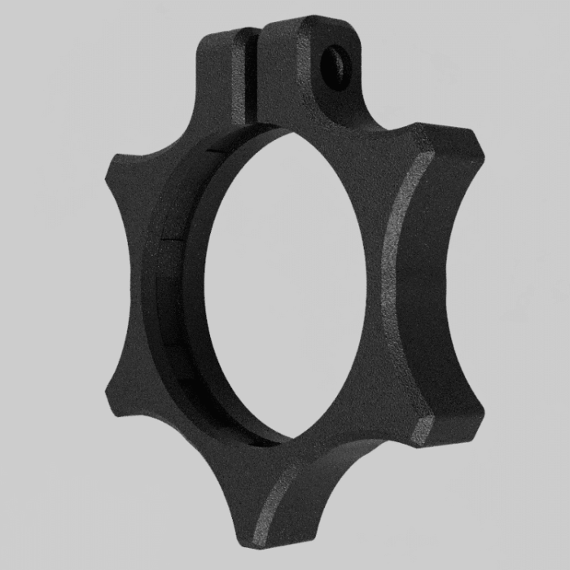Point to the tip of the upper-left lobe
click(114, 167)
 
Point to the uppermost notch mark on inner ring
click(214, 151)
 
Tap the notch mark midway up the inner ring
click(171, 240)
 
